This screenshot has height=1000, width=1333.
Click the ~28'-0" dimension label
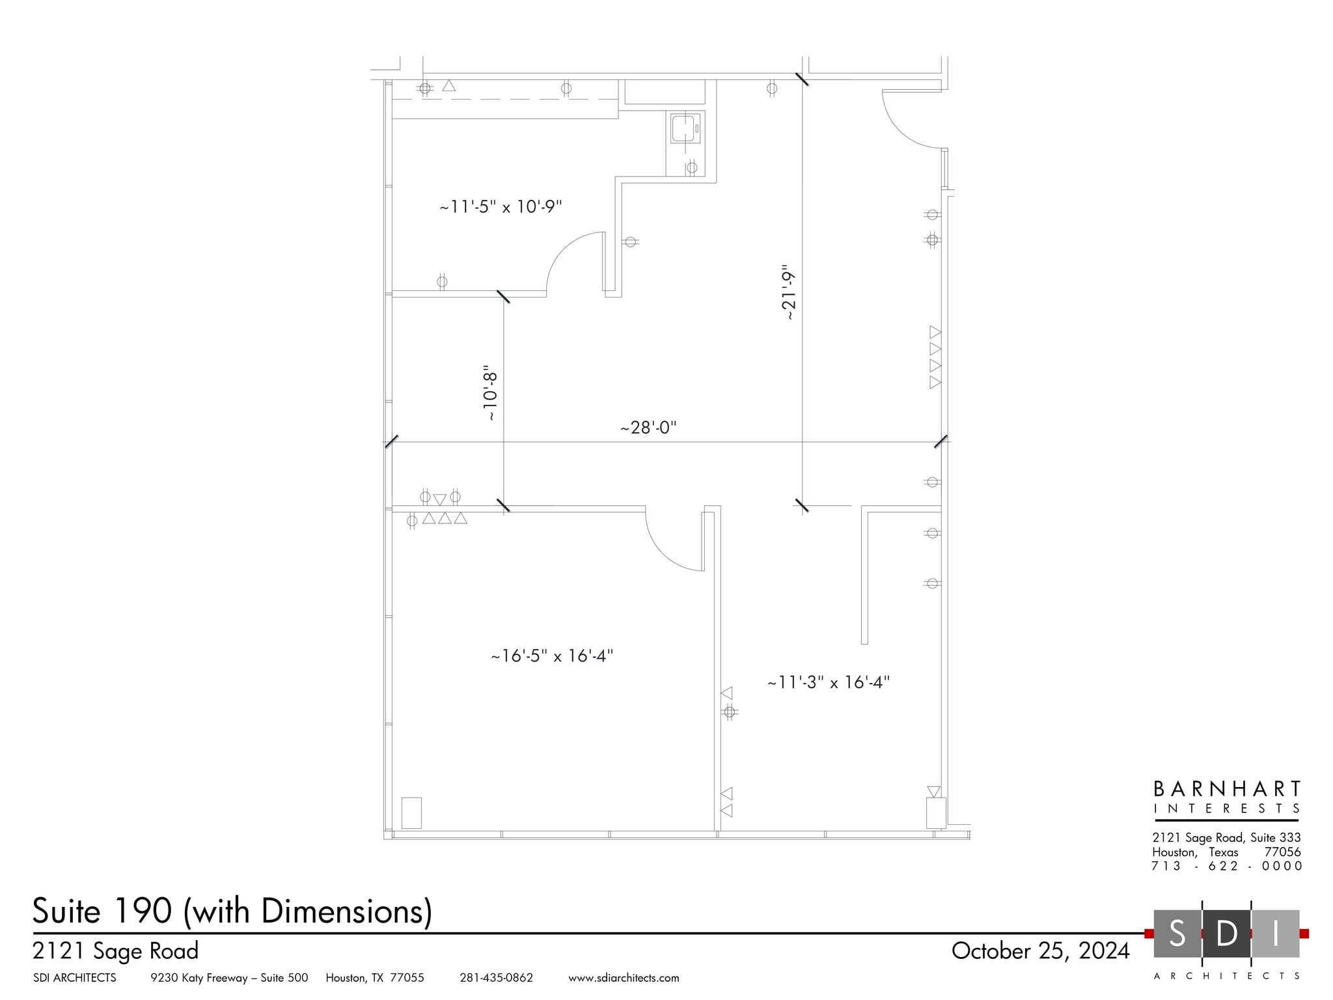point(648,428)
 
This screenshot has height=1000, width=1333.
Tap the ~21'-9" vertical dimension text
point(789,292)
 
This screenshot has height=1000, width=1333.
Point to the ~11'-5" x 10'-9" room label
point(501,207)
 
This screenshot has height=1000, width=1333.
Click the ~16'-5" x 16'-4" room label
point(552,656)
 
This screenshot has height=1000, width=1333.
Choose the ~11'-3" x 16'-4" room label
point(828,682)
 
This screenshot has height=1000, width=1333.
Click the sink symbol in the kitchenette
point(685,128)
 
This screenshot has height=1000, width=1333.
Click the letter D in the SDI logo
point(1226,934)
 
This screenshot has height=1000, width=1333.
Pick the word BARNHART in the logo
point(1227,789)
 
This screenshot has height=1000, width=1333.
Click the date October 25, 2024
point(1040,951)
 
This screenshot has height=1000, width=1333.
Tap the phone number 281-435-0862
point(496,978)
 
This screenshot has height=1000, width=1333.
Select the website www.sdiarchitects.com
point(624,978)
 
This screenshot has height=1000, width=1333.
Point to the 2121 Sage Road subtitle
point(115,951)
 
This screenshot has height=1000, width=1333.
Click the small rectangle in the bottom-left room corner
point(411,812)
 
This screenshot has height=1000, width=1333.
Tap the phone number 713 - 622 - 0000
point(1226,866)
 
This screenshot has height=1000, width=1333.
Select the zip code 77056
point(1282,852)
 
